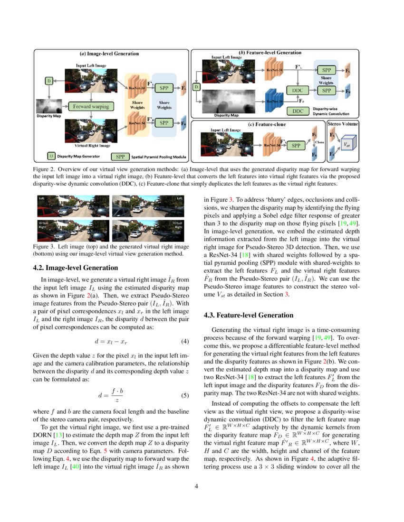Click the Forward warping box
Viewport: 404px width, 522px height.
(x=91, y=106)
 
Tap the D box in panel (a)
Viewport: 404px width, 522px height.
(x=48, y=81)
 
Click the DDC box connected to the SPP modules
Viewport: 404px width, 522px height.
(x=298, y=90)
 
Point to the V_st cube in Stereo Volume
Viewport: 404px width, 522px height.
(x=347, y=144)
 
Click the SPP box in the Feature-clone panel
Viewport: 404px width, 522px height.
(x=296, y=145)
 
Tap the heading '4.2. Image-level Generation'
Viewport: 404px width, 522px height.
(x=75, y=268)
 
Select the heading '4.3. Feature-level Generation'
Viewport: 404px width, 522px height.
(x=249, y=315)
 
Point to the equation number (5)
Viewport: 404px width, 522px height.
(x=186, y=395)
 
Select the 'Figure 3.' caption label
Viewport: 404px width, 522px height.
(x=44, y=247)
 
